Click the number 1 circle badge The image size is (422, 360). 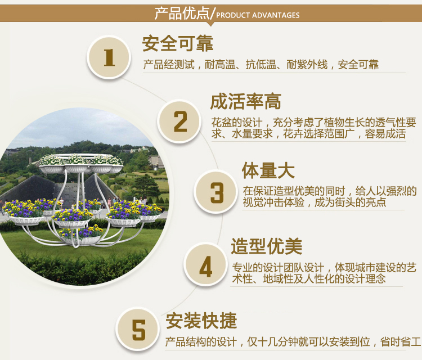[109, 57]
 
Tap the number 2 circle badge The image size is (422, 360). [179, 121]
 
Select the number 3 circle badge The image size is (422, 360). [216, 192]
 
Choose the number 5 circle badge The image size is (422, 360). [138, 329]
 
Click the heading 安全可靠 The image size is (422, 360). [178, 43]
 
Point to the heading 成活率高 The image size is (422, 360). [245, 102]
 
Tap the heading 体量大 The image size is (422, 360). [268, 170]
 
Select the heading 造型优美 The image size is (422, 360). [267, 246]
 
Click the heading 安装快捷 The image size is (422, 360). [201, 321]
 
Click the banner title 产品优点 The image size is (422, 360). [182, 13]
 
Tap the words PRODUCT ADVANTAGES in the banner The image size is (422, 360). [258, 15]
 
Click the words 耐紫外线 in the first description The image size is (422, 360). [307, 65]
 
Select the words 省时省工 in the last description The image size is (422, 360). [401, 342]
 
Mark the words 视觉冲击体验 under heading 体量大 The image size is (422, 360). [273, 202]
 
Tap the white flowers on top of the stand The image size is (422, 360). [80, 160]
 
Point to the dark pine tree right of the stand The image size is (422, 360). [146, 186]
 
